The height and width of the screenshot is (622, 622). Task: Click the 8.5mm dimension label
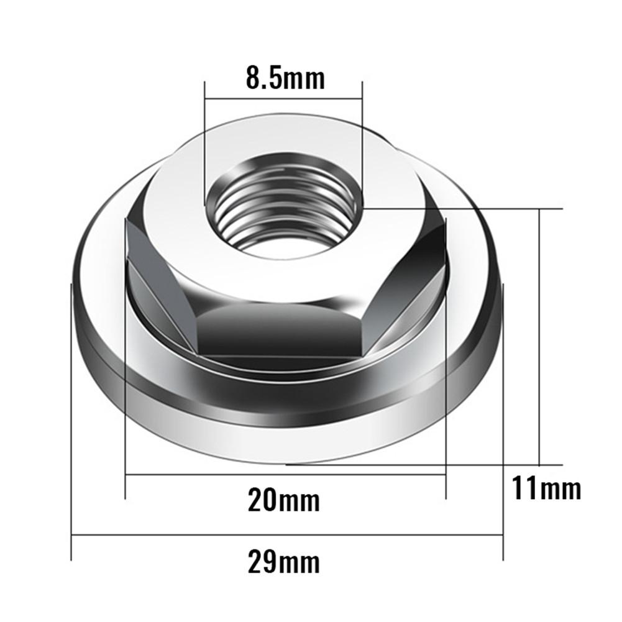point(285,78)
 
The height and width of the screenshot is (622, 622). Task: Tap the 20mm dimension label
point(284,501)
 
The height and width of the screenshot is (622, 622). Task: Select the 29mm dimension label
point(284,562)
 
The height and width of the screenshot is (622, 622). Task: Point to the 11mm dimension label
point(547,488)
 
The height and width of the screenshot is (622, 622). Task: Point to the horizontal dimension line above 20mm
point(286,475)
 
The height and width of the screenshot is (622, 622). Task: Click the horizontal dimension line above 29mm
point(287,536)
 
